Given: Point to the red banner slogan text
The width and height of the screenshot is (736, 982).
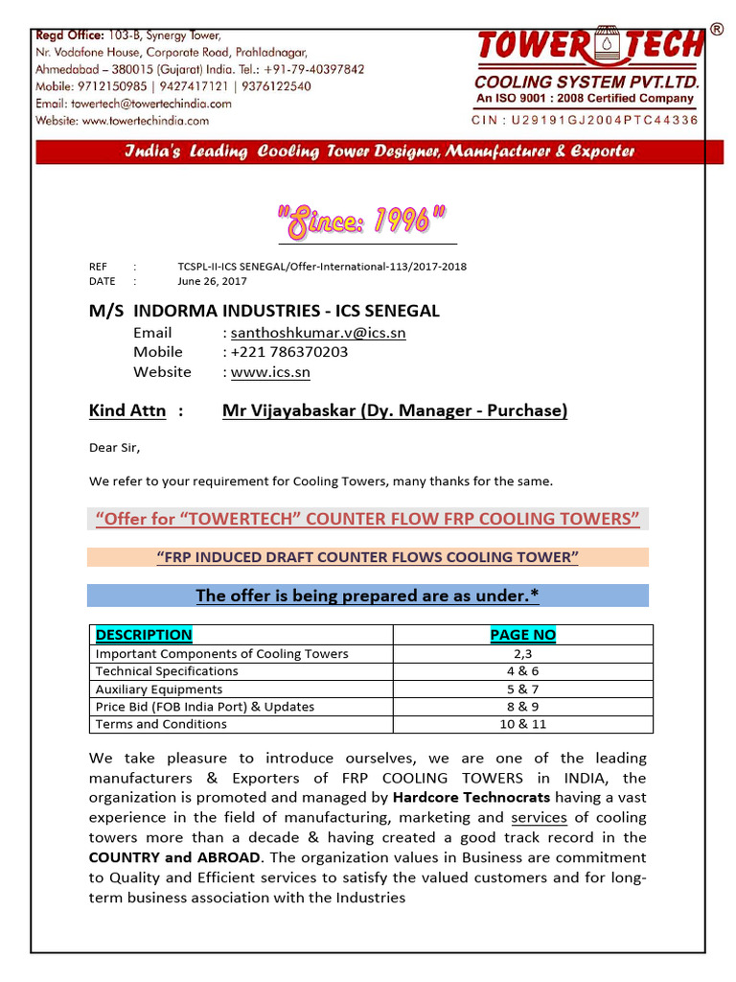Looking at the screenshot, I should coord(380,152).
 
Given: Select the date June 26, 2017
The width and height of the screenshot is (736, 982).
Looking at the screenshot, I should coord(212,281).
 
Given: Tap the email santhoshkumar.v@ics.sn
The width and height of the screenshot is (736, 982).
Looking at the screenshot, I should coord(318,333).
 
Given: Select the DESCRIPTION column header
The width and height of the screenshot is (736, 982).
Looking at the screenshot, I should coord(144,635).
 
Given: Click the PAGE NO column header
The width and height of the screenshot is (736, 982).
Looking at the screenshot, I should coord(522,635).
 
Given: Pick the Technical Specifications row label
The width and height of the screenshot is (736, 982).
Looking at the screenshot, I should coord(167,671).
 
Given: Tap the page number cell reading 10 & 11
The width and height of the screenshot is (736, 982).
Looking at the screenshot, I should coord(522,724).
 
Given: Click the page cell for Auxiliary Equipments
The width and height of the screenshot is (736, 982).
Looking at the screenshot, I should coord(522,689).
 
